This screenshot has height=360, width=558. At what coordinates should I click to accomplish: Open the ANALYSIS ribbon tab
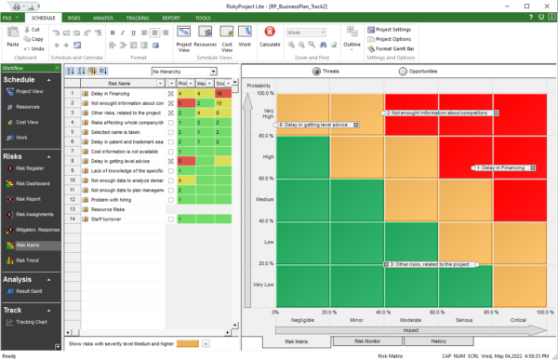(x=104, y=18)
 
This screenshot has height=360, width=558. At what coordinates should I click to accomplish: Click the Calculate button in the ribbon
(x=270, y=39)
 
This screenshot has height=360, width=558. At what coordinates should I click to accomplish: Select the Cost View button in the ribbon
(x=226, y=39)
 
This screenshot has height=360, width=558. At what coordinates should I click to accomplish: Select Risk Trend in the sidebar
(x=29, y=259)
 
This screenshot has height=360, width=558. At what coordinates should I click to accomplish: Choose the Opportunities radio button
(x=404, y=72)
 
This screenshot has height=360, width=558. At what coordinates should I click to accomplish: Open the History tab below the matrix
(x=437, y=340)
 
